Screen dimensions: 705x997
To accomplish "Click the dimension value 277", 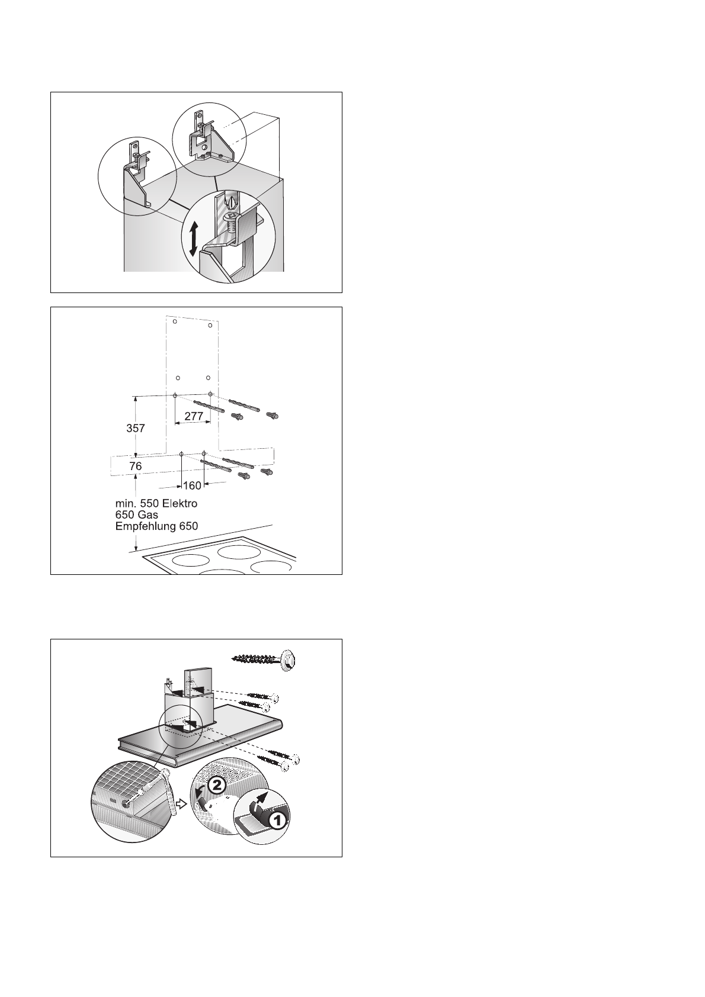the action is point(194,416).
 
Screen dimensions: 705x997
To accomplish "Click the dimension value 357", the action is point(136,428).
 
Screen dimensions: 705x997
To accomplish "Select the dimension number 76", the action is point(136,467).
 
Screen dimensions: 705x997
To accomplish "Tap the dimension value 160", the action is point(192,486).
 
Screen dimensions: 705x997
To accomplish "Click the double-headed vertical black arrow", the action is point(193,240).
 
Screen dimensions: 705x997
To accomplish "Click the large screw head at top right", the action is point(289,659).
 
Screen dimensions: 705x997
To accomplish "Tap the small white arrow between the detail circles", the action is point(182,805).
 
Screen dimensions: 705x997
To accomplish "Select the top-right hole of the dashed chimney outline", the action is point(210,324).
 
